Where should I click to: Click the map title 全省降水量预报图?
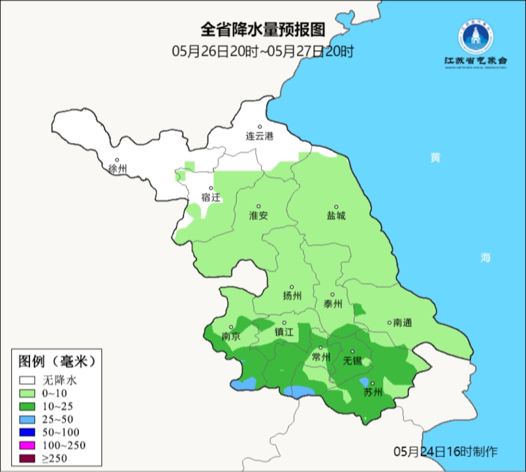pos(263,30)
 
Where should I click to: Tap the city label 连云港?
pos(260,136)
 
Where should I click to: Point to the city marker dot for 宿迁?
pos(211,188)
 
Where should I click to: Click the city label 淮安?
pos(259,216)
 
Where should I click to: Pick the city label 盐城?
pos(336,216)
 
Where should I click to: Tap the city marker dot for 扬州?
pos(292,287)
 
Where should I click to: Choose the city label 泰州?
pos(333,304)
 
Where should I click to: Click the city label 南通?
pos(403,322)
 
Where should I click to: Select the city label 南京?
pos(231,337)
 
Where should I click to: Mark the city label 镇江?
pos(284,332)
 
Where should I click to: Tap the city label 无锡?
pos(352,361)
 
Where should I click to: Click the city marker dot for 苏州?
pos(372,383)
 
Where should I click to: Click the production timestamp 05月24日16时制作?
pos(446,452)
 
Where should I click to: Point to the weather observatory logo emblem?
pos(475,38)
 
